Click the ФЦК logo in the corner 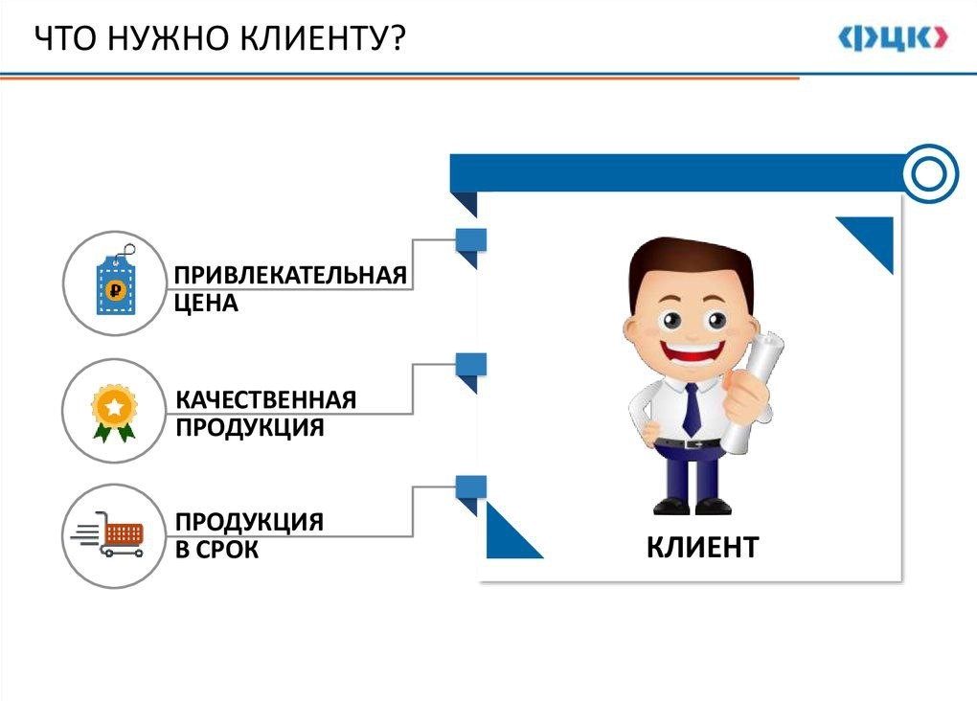893,38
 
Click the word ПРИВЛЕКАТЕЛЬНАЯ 290,275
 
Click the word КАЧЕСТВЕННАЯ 266,399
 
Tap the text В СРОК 216,549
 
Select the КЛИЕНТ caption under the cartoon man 702,547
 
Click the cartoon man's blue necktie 692,409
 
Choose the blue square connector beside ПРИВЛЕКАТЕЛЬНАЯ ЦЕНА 471,240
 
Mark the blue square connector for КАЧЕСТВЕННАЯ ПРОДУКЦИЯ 471,365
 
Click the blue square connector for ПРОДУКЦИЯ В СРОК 471,487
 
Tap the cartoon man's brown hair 691,265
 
